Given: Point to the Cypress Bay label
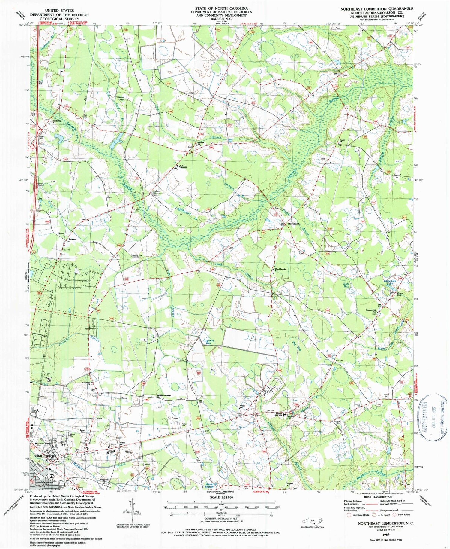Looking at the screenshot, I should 209,341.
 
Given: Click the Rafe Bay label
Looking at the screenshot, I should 346,285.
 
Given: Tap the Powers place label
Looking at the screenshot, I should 72,239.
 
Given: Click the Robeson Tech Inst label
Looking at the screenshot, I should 184,167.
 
